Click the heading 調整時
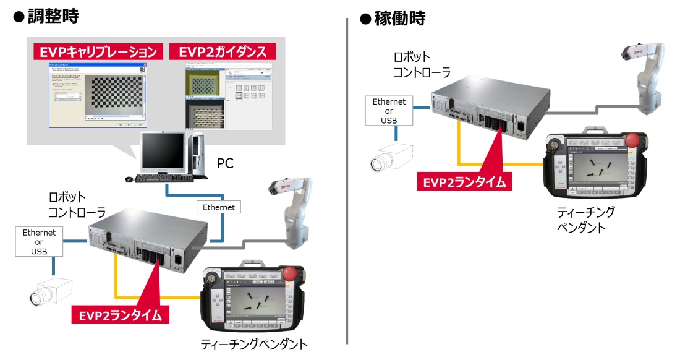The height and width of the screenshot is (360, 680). tap(53, 17)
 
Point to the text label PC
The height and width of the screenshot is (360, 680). tap(225, 164)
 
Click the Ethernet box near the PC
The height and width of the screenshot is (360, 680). tap(219, 207)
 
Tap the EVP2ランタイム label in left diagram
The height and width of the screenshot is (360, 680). tap(121, 315)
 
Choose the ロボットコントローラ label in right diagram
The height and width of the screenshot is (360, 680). tap(422, 64)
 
